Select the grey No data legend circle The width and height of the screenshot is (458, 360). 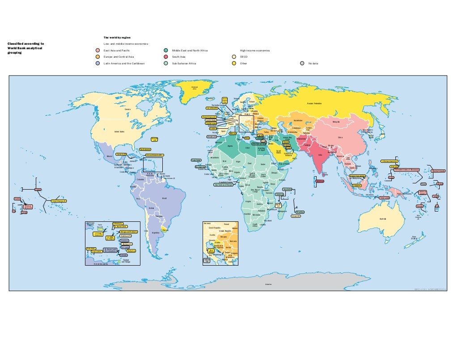coord(302,64)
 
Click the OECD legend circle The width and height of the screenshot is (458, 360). coord(233,57)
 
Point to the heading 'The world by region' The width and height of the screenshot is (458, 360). coord(117,37)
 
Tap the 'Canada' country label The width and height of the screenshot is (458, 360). coord(127,109)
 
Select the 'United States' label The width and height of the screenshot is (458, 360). coord(119,131)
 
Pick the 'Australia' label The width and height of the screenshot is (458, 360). coord(382,219)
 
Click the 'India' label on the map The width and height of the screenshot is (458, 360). coord(320,155)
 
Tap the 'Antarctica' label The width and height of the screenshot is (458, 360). coord(268,284)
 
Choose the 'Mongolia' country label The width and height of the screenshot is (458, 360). coord(336,121)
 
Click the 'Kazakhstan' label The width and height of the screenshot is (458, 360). coord(299,121)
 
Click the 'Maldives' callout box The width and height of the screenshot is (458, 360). coord(320,181)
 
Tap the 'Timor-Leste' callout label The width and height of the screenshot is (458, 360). coord(384,198)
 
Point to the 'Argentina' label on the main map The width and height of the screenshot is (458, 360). coord(155,233)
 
